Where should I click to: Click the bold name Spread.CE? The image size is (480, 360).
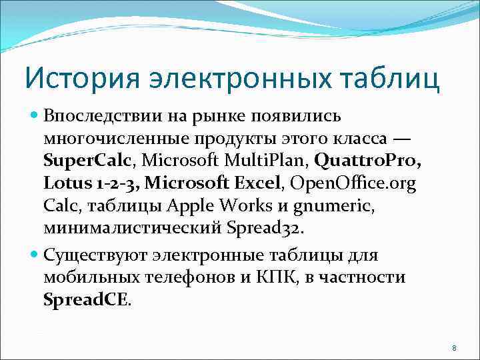pyautogui.click(x=87, y=300)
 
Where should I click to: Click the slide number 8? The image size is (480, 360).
pyautogui.click(x=453, y=347)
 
